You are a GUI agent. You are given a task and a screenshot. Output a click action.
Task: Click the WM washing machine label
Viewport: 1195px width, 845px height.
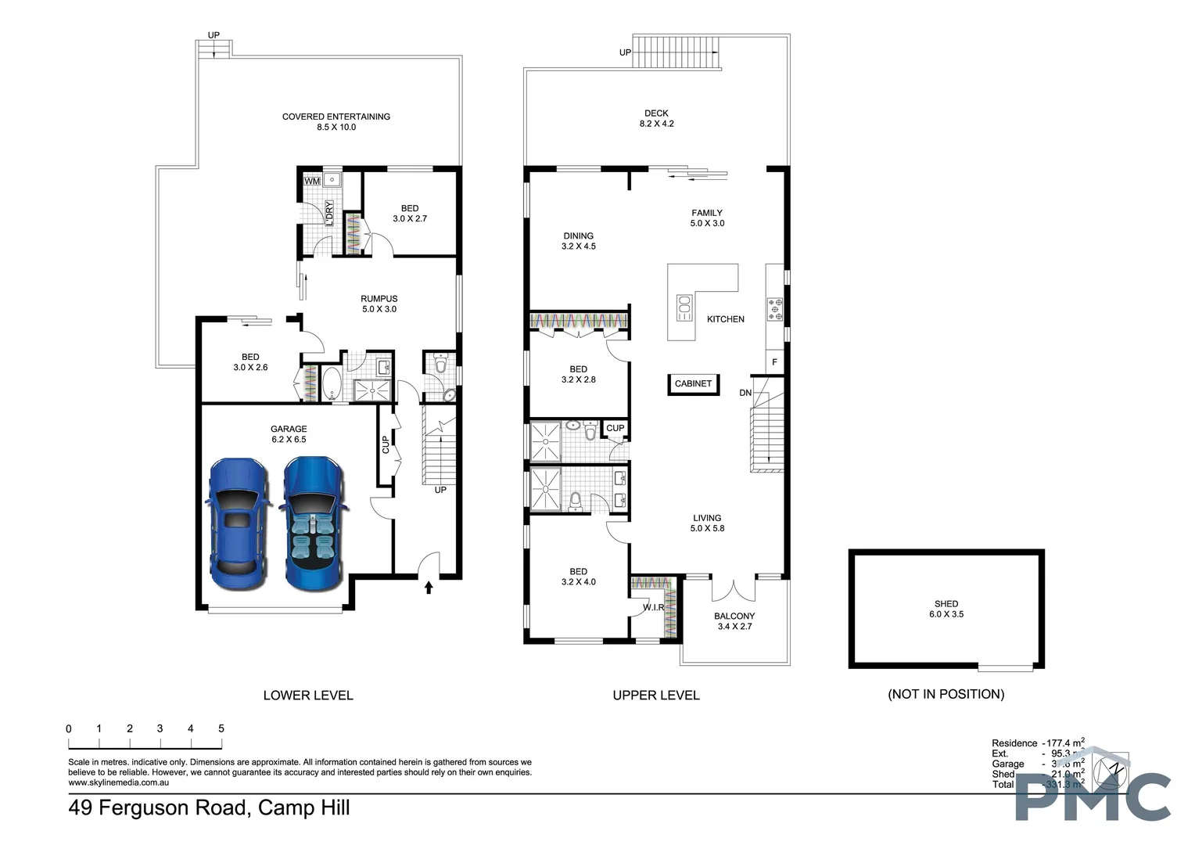[x=312, y=182]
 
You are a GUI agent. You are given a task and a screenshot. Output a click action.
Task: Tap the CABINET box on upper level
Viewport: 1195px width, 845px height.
[x=693, y=384]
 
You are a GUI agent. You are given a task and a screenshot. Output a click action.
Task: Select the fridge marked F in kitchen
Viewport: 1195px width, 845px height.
[x=774, y=362]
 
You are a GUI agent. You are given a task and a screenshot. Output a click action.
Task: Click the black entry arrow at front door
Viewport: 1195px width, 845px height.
[x=428, y=587]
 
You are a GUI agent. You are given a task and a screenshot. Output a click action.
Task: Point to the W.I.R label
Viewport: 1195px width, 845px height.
[x=653, y=608]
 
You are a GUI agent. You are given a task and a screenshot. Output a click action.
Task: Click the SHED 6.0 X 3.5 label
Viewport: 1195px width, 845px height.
[x=946, y=609]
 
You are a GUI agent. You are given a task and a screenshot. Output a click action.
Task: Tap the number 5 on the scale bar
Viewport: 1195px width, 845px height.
[x=221, y=728]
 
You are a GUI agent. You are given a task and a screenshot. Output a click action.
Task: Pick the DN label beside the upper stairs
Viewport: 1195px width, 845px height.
[x=745, y=393]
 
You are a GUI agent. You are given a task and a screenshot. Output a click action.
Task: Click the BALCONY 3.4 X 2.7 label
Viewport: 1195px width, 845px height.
[x=734, y=621]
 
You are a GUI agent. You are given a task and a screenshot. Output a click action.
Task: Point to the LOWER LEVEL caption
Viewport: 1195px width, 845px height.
[x=308, y=695]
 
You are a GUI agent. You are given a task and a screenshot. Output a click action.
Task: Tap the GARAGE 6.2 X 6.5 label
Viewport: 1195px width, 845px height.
[x=289, y=434]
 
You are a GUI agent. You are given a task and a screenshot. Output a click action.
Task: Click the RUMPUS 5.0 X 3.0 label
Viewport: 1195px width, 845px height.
[x=379, y=304]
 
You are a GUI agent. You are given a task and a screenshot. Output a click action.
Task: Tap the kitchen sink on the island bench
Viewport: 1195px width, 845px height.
[x=684, y=308]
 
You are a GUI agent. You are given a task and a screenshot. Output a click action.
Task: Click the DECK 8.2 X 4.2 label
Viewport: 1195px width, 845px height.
[x=656, y=118]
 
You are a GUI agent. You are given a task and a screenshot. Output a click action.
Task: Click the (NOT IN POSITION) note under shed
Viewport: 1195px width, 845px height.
[x=946, y=694]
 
